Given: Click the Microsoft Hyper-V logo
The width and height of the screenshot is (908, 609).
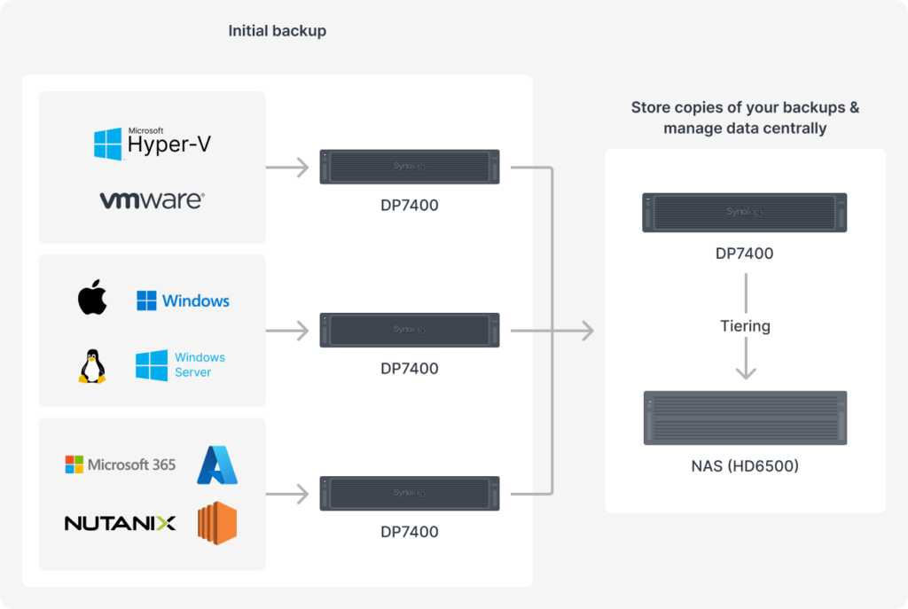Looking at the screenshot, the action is point(153,143).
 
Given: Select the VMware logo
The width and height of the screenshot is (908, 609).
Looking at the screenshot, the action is point(153,199).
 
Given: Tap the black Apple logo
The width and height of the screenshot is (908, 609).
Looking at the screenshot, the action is point(92,297).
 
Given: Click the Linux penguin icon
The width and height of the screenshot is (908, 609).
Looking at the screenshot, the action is point(92,366).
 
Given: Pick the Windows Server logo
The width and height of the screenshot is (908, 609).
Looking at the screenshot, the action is point(180,364).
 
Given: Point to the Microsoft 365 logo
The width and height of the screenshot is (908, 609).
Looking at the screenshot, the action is point(121,465).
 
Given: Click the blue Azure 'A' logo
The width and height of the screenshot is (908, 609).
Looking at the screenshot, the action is point(217,465).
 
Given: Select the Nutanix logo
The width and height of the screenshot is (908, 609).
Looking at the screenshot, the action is point(120,523).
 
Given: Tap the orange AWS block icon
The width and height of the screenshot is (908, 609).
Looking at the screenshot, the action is point(217,523).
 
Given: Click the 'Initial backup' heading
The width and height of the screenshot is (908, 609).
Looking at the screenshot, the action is point(278,31).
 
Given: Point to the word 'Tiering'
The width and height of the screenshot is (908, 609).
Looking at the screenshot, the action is point(745,326).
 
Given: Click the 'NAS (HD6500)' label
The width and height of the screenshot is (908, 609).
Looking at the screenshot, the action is point(745,466).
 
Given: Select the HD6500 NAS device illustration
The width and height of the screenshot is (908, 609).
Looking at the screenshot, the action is point(745,418).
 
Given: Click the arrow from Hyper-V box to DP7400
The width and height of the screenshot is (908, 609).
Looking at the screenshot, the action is point(287,168).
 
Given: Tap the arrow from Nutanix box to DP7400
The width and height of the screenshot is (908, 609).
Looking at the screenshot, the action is point(287,494).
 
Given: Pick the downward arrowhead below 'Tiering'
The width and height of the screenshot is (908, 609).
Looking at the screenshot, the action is point(746,372).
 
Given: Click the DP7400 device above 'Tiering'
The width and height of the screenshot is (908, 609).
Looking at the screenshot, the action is point(745,213).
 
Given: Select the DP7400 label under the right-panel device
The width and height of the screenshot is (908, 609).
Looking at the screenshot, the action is point(745,254).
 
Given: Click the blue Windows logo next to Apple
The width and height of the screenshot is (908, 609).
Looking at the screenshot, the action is point(183,301).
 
